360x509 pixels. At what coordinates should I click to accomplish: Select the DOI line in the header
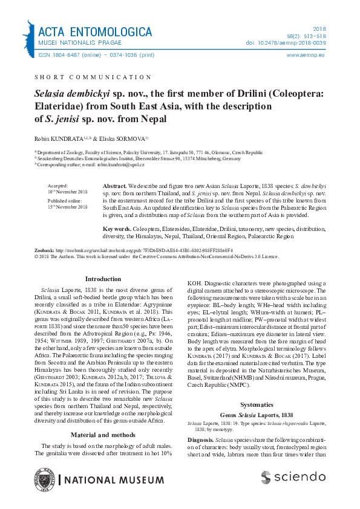click(295, 43)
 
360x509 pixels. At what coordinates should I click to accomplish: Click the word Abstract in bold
click(114, 183)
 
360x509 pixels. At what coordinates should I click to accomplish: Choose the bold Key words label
click(117, 229)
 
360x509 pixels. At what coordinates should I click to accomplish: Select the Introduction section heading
click(103, 279)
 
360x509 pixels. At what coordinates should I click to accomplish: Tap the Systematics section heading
click(257, 387)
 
